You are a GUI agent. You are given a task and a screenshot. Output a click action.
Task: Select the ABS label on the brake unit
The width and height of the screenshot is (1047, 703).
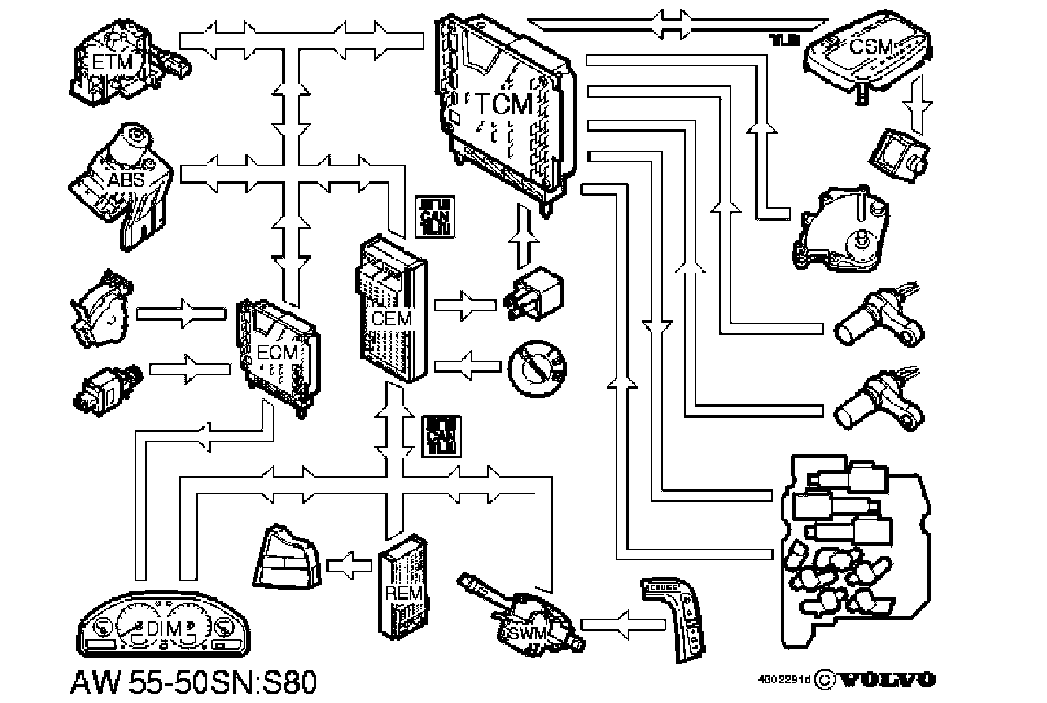126,180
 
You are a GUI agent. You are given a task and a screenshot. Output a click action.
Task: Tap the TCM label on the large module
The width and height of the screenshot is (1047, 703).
504,104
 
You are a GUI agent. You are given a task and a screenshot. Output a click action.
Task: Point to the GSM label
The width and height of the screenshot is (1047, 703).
870,46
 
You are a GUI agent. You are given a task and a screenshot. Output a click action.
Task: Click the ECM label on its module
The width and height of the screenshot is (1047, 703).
278,351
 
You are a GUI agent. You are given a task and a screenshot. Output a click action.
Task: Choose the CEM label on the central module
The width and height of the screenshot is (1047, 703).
391,319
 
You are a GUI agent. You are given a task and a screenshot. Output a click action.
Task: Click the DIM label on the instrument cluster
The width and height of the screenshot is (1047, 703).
165,628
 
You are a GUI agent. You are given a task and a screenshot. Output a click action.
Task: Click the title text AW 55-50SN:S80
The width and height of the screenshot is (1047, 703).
194,682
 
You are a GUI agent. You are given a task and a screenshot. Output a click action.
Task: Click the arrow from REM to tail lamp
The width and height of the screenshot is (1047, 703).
349,564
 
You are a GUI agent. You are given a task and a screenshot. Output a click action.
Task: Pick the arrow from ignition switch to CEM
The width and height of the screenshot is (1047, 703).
468,366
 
